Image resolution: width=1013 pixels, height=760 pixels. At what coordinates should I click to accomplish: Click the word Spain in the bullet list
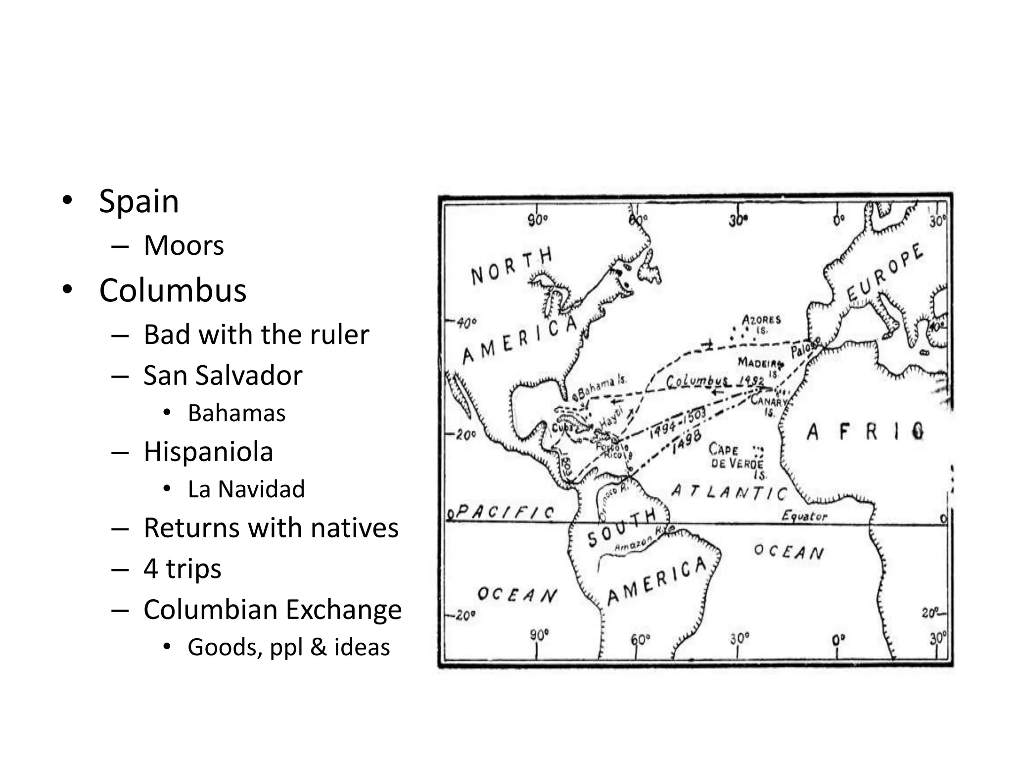click(139, 201)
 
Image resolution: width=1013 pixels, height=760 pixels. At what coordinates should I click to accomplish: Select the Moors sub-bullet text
click(184, 245)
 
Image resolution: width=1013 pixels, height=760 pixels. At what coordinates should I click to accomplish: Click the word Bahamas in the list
click(236, 413)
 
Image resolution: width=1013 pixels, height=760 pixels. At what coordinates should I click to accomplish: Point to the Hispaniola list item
click(208, 452)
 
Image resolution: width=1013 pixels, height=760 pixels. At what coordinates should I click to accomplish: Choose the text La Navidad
click(246, 489)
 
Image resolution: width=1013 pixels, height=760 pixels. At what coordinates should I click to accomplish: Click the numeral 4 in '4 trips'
click(151, 569)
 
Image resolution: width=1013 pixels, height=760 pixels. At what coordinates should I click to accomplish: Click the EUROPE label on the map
click(885, 273)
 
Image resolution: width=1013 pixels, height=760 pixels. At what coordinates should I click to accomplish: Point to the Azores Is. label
click(761, 324)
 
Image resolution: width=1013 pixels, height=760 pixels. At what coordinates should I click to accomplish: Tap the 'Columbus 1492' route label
click(714, 381)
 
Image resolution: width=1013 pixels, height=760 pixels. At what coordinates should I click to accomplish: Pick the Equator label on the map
click(804, 517)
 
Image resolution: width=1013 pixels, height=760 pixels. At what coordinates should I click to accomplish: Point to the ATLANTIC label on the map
click(729, 492)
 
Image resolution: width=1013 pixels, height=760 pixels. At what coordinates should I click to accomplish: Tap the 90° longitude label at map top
click(537, 219)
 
